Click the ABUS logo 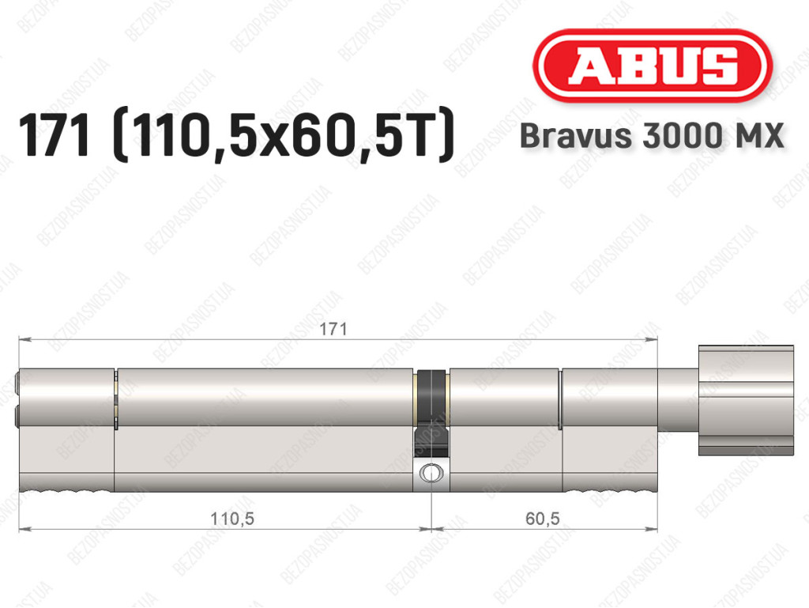tap(652, 65)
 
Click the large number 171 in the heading tap(55, 136)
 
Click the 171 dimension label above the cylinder tap(333, 329)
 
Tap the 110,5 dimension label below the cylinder tap(232, 518)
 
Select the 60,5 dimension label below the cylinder tap(542, 518)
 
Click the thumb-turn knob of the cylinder tap(746, 401)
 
